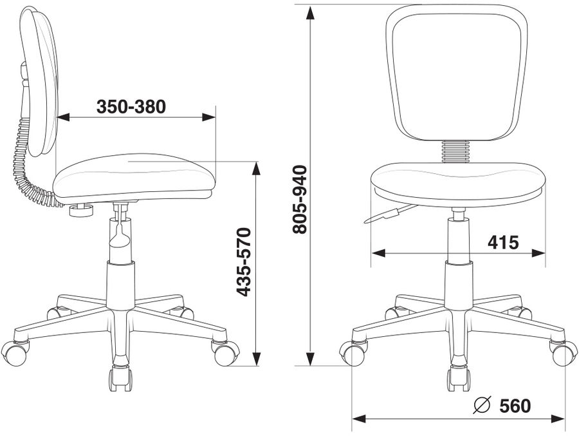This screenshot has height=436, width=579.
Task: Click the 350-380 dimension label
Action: click(x=131, y=106)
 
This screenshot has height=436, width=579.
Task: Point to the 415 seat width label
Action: click(x=503, y=242)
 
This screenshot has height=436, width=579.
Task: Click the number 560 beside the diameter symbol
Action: click(x=515, y=406)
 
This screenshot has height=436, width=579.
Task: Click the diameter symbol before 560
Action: click(x=482, y=406)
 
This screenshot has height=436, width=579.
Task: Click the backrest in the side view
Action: click(x=40, y=77)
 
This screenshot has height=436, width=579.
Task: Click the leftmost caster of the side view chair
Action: click(x=15, y=352)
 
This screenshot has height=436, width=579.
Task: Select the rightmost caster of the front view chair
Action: click(x=564, y=353)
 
